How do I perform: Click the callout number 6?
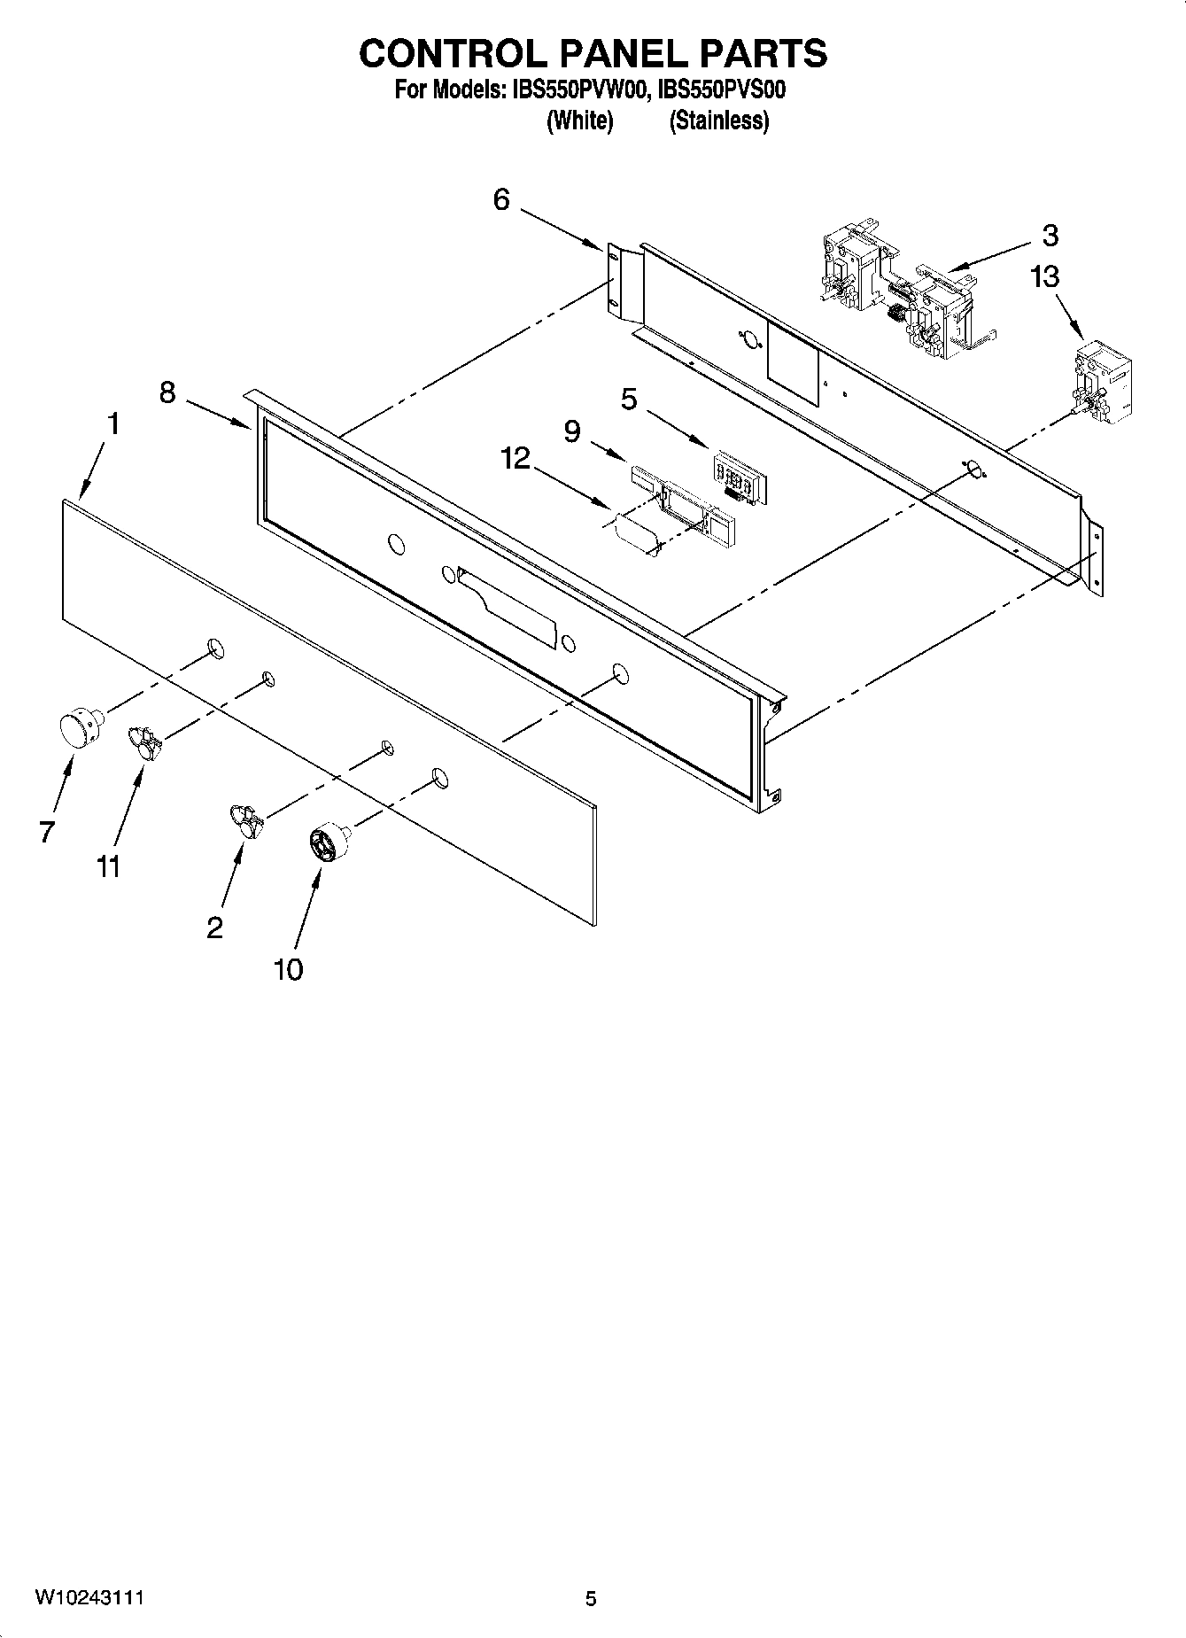click(x=501, y=200)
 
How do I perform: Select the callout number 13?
click(x=1044, y=277)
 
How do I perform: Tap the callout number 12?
click(x=515, y=458)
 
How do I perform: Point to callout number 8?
click(x=167, y=392)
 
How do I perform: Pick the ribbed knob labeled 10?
click(x=329, y=841)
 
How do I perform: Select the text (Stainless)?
click(x=718, y=120)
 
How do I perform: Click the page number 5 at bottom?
click(x=591, y=1598)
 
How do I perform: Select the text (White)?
click(x=579, y=120)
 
